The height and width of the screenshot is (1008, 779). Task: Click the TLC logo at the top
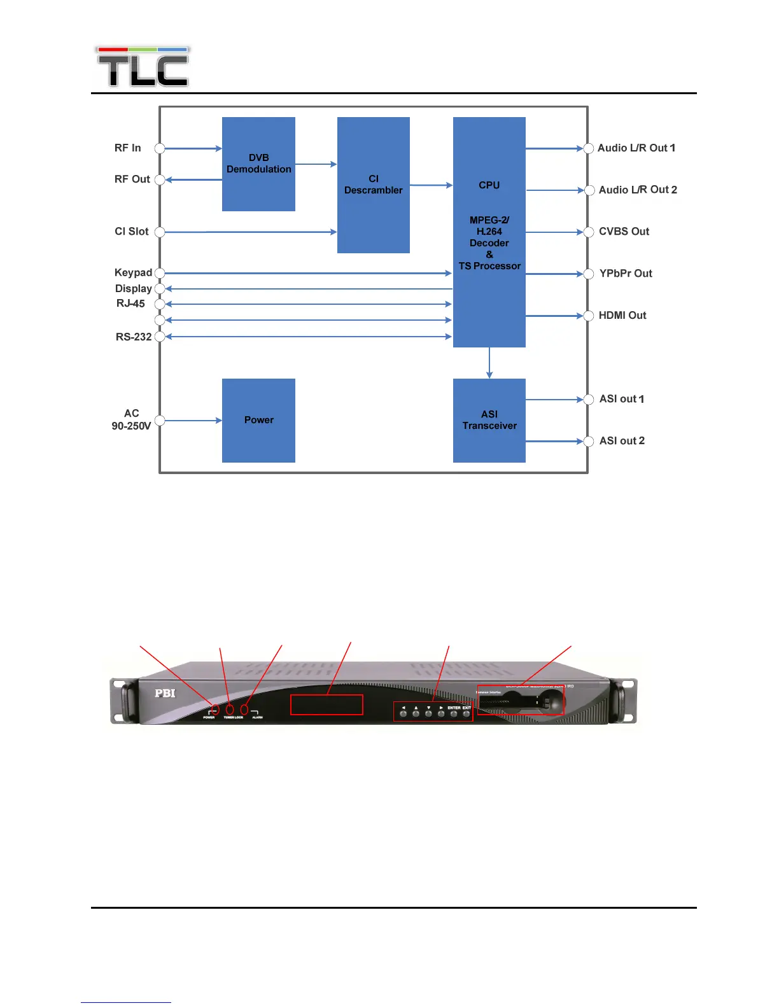tap(143, 67)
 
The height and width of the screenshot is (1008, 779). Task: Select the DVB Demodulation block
tap(258, 164)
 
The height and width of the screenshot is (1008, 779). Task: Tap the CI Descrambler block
tap(373, 185)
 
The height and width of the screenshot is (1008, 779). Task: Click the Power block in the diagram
tap(258, 420)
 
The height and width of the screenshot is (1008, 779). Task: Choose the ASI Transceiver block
tap(489, 420)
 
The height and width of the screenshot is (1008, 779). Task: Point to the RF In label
tap(127, 148)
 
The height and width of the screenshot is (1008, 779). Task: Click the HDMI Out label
tap(622, 315)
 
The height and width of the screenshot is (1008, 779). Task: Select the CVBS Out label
tap(624, 232)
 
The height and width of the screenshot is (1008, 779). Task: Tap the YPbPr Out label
tap(626, 274)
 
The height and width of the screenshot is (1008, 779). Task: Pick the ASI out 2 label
tap(622, 441)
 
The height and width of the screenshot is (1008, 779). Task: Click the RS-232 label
tap(134, 337)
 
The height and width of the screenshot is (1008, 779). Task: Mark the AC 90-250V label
tap(131, 419)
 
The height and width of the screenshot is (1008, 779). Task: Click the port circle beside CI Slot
tap(160, 232)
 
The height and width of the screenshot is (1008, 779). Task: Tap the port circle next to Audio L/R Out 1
tap(589, 148)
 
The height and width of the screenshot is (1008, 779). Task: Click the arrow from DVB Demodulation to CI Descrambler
tap(316, 164)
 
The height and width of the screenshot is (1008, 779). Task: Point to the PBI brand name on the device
tap(165, 693)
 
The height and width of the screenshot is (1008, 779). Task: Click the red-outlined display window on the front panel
tap(326, 705)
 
